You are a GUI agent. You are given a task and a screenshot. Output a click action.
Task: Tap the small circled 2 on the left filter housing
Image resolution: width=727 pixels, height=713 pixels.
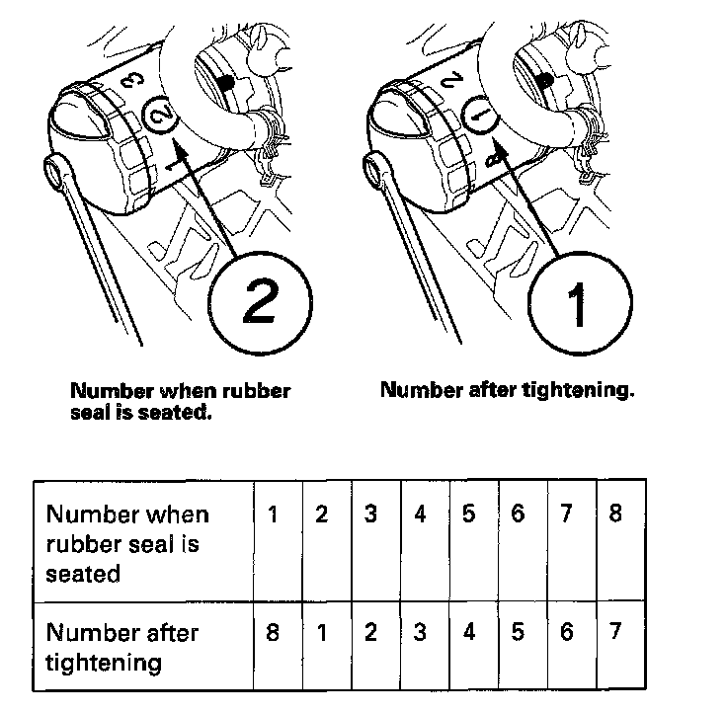[x=160, y=116]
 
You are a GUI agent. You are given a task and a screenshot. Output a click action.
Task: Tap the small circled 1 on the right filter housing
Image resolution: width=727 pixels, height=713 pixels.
[x=481, y=116]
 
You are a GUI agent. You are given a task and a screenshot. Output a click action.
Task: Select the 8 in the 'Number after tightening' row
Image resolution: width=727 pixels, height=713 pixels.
[x=273, y=632]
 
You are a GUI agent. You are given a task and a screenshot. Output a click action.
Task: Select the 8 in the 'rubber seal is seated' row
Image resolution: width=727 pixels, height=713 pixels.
[x=615, y=514]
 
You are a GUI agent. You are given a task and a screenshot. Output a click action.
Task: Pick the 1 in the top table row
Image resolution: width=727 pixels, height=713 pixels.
[x=273, y=515]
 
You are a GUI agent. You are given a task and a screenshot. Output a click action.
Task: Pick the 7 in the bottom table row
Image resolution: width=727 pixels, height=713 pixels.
[x=615, y=631]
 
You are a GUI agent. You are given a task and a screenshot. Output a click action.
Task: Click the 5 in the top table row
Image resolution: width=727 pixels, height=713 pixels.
[x=469, y=514]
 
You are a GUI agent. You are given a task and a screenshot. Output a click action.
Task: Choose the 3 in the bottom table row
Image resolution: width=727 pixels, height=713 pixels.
[x=420, y=632]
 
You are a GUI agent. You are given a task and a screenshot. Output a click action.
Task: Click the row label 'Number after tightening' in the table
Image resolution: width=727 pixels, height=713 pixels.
[x=122, y=648]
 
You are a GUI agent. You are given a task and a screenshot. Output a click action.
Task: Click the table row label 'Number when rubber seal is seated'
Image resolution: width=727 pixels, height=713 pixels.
[x=127, y=544]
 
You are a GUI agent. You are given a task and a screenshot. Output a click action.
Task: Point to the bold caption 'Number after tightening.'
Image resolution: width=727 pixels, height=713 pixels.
[x=508, y=390]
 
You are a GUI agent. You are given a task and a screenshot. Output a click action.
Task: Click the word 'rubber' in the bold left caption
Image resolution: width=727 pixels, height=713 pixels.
[x=257, y=391]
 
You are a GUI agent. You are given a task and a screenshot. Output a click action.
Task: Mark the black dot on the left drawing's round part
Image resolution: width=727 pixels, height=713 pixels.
[x=226, y=83]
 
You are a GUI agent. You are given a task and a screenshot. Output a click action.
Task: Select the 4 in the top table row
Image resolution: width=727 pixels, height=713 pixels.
[x=420, y=515]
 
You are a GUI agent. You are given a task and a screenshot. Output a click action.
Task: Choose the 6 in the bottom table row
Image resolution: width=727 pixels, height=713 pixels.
[x=567, y=631]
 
